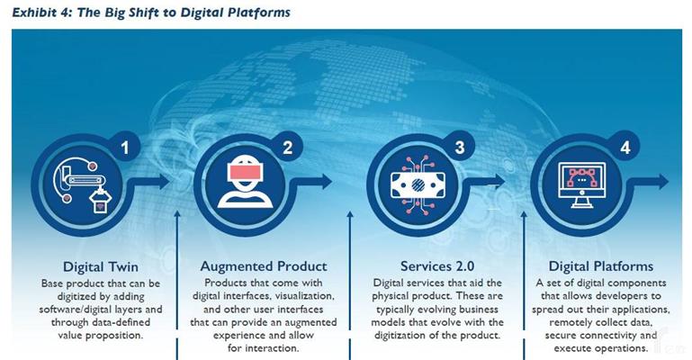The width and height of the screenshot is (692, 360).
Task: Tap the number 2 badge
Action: click(x=287, y=148)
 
